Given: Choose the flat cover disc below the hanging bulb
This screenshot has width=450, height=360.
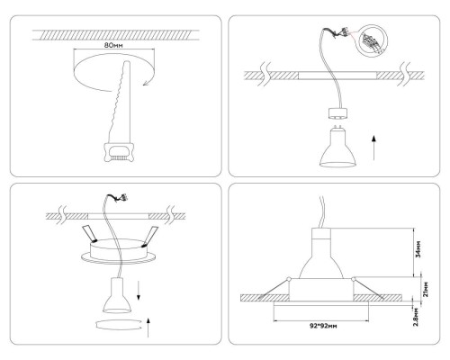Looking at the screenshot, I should pyautogui.click(x=117, y=323).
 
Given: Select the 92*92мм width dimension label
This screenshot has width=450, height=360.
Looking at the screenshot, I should pyautogui.click(x=322, y=327).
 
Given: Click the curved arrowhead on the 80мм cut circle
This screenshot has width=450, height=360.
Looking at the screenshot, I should pyautogui.click(x=144, y=85).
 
